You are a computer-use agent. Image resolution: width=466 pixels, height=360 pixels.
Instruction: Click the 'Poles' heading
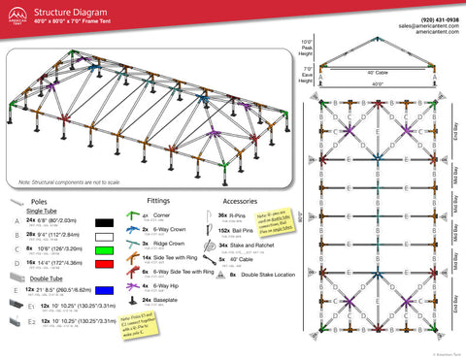coord(41,198)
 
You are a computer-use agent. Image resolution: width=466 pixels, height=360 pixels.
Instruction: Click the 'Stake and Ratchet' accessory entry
coord(249,246)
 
